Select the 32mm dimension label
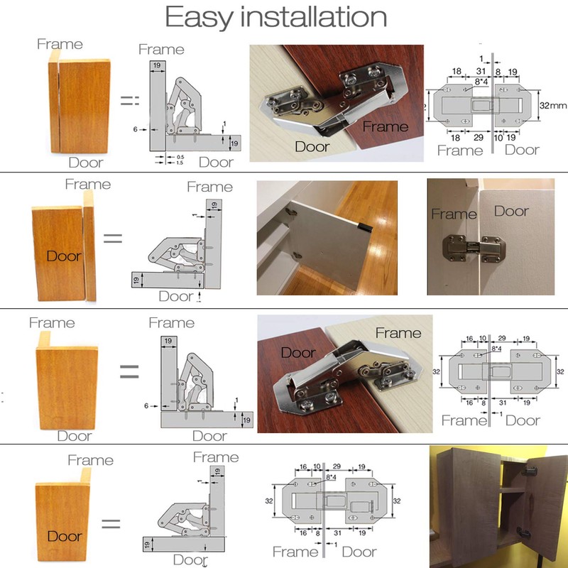point(552,104)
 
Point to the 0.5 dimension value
point(180,155)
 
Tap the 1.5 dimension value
point(180,163)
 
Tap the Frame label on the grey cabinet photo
point(454,214)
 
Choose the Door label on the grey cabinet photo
point(511,211)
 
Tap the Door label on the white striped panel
point(312,146)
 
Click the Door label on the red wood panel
point(298,352)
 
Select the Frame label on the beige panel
point(398,332)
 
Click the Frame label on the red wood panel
point(385,127)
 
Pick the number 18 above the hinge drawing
point(457,72)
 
